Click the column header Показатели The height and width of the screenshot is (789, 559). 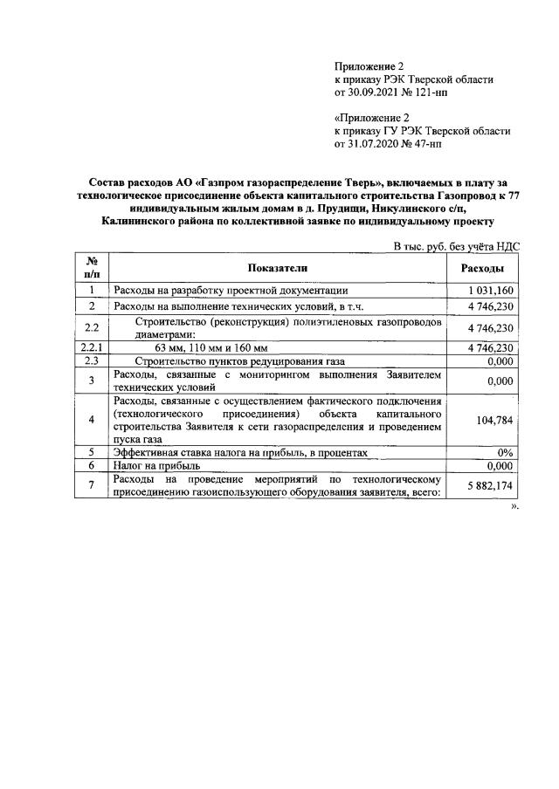(x=278, y=267)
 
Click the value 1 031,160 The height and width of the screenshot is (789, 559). (x=490, y=290)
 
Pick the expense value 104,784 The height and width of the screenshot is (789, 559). (x=494, y=420)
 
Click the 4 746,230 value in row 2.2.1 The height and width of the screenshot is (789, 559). (x=490, y=347)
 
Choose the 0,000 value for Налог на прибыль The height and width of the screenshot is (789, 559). (x=499, y=466)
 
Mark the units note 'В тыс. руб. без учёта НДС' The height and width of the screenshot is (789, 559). (x=456, y=247)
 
